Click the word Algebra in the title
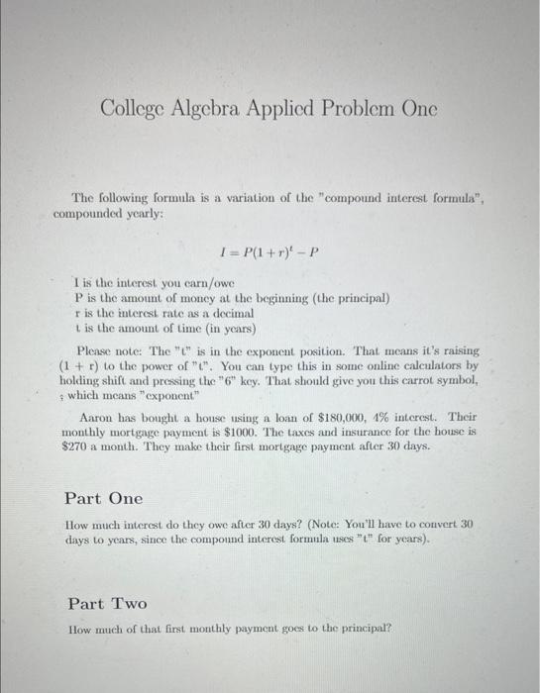point(215,108)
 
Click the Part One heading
point(103,498)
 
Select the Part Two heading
point(107,603)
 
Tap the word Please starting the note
point(96,350)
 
